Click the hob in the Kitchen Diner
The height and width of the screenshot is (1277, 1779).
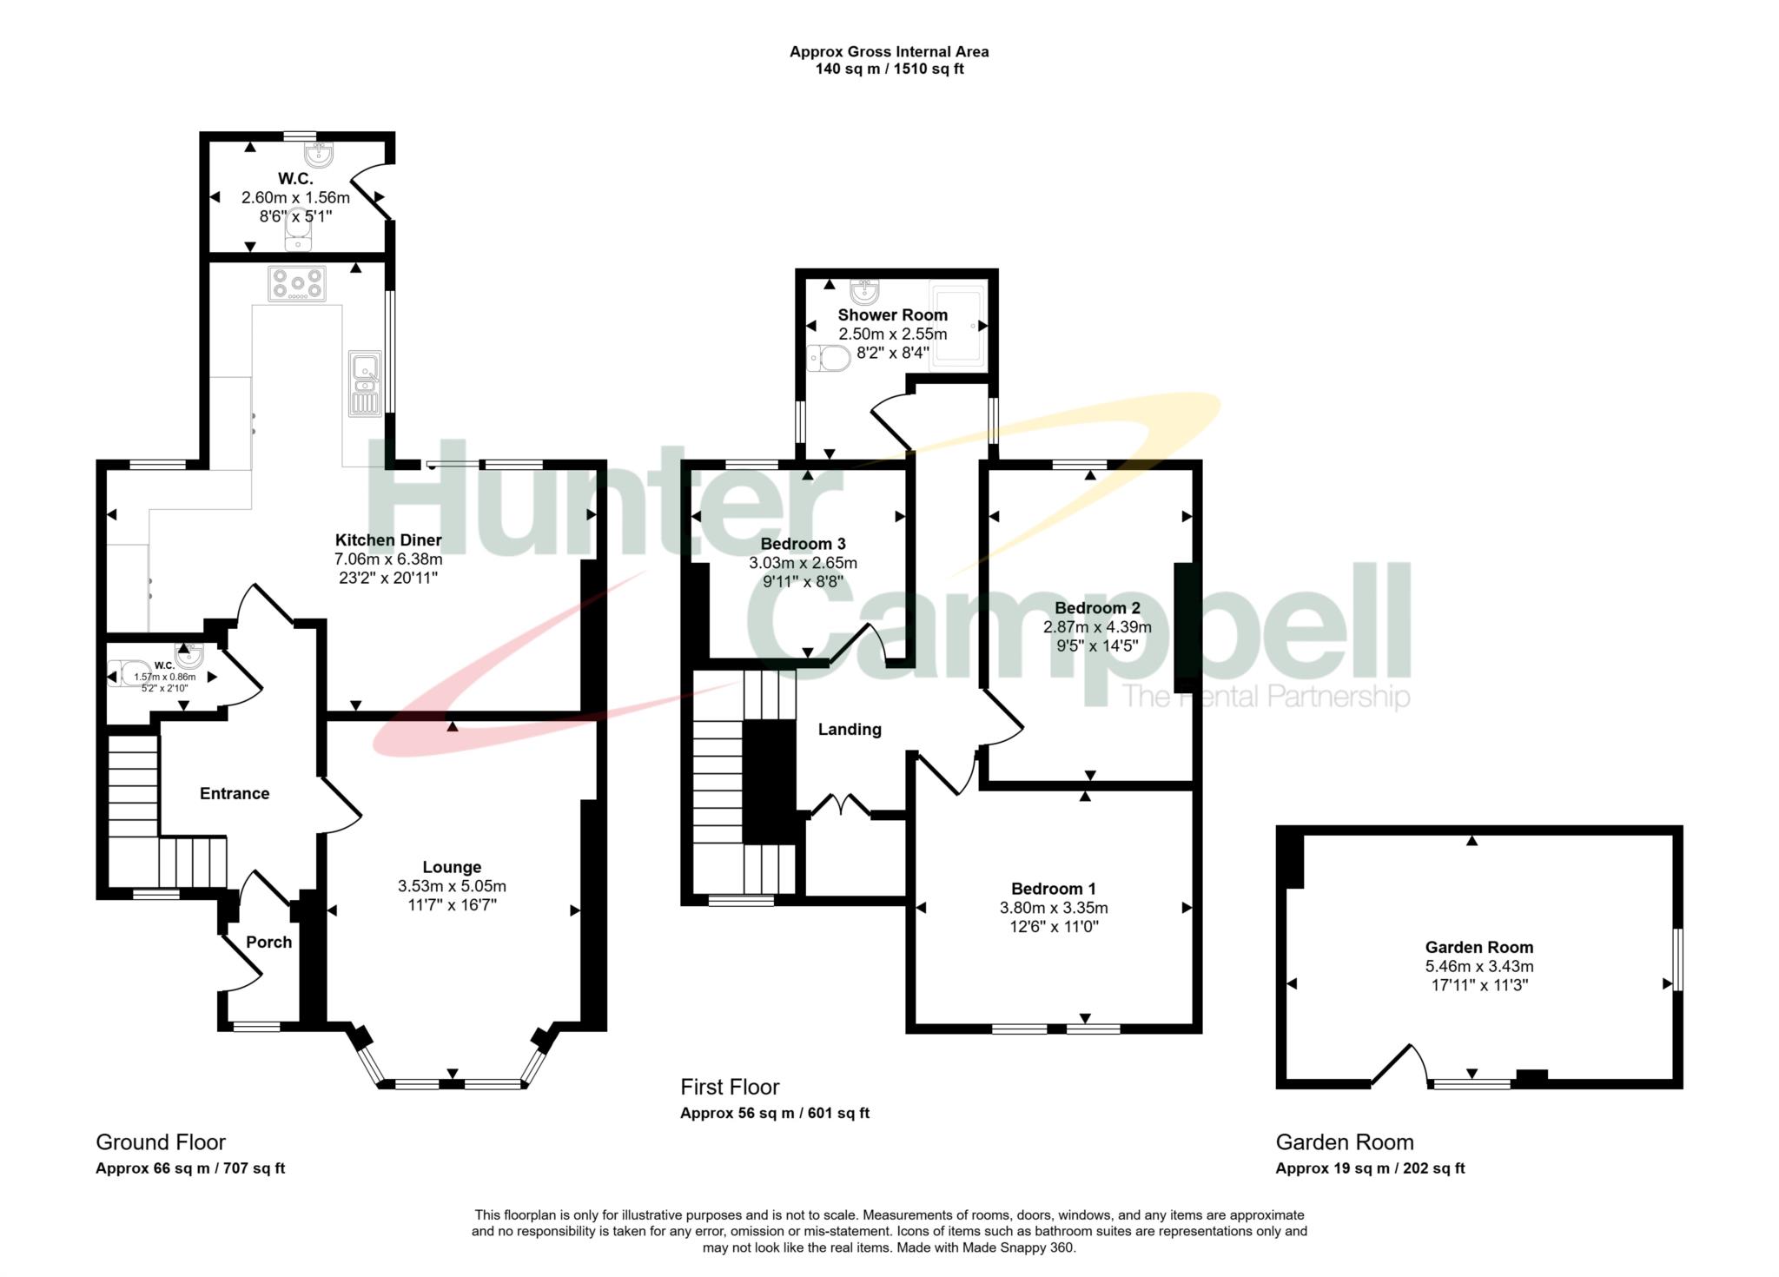pos(297,283)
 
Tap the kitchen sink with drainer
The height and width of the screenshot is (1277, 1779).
pos(365,382)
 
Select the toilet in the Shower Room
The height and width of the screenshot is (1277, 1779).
pos(828,358)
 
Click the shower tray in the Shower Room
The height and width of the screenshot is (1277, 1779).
pos(958,326)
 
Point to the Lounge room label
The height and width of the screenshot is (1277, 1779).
pos(452,867)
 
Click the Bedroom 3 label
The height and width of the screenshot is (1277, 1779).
pos(803,544)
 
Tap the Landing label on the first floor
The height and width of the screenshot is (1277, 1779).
pos(850,730)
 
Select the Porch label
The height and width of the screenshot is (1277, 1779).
pos(268,943)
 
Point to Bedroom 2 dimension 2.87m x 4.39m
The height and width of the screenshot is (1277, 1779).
pos(1097,627)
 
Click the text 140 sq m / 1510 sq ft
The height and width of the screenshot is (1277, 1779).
pos(889,69)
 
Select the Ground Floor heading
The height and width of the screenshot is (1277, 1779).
pos(161,1142)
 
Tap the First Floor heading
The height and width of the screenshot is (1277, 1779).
pos(730,1087)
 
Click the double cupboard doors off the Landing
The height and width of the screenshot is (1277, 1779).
pos(840,804)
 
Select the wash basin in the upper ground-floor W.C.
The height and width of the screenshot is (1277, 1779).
pos(319,155)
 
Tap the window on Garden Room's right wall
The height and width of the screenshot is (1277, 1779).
pos(1678,959)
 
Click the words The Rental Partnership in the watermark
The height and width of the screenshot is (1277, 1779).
pos(1265,697)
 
